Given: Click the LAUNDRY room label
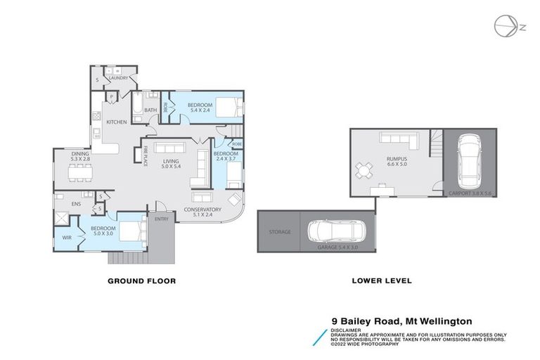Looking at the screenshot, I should click(x=118, y=78).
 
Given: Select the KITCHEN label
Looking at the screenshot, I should click(x=116, y=122).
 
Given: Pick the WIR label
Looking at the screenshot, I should click(x=67, y=238).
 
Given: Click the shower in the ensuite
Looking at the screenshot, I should click(x=63, y=219).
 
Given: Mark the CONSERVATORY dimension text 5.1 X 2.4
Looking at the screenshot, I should click(x=202, y=216).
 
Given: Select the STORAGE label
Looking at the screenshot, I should click(x=279, y=231).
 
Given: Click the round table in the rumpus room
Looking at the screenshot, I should click(x=364, y=169).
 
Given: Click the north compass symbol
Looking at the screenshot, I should click(x=503, y=26).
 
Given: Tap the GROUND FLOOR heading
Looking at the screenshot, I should click(x=141, y=281).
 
